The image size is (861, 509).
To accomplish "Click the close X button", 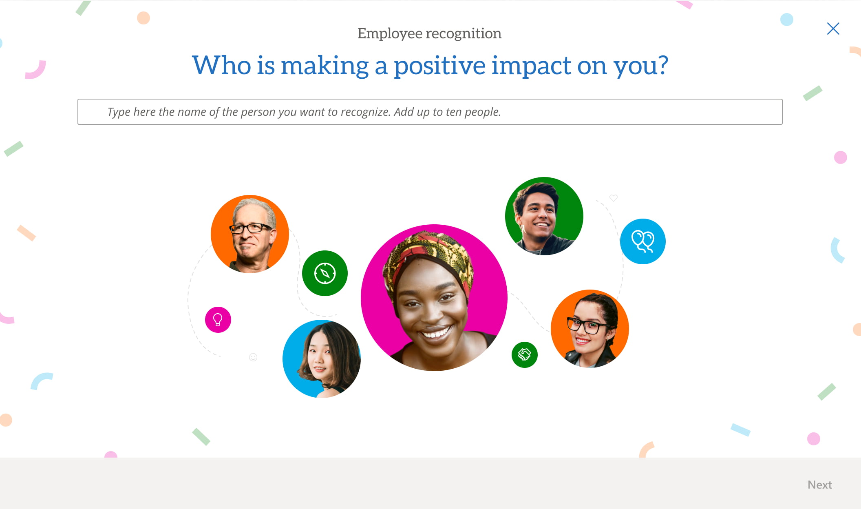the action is pyautogui.click(x=833, y=29).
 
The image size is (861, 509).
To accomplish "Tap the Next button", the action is pyautogui.click(x=819, y=485).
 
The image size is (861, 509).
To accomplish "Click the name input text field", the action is pyautogui.click(x=430, y=112).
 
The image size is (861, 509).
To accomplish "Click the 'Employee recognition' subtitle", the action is pyautogui.click(x=429, y=33).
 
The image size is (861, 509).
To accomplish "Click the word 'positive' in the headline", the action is pyautogui.click(x=439, y=66).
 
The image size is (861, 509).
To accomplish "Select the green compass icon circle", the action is pyautogui.click(x=325, y=273).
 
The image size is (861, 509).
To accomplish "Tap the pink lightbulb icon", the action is pyautogui.click(x=218, y=320).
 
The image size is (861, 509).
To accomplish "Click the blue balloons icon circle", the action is pyautogui.click(x=643, y=241).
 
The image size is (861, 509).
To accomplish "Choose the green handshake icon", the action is pyautogui.click(x=525, y=355).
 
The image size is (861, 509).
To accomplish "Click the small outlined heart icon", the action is pyautogui.click(x=614, y=198).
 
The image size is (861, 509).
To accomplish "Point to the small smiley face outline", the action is pyautogui.click(x=253, y=357).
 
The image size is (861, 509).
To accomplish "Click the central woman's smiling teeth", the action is pyautogui.click(x=436, y=334).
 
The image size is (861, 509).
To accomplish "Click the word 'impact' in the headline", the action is pyautogui.click(x=531, y=66).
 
